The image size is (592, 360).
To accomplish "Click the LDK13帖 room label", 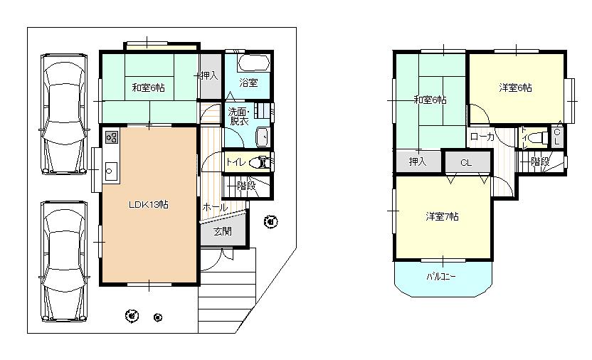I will [148, 204].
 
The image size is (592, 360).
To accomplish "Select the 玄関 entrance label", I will [221, 231].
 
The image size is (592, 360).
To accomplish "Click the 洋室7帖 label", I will [442, 216].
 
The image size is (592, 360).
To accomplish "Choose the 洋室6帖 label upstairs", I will [515, 88].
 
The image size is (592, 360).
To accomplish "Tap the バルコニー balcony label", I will [441, 275].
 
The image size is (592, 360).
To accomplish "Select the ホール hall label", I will [215, 207].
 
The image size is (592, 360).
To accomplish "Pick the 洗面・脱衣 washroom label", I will [238, 116].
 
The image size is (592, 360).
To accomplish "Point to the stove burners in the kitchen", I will [112, 138].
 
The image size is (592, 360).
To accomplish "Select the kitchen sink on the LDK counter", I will [112, 170].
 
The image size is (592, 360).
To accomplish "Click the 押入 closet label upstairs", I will [417, 162].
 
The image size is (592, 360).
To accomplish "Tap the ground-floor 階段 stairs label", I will [245, 186].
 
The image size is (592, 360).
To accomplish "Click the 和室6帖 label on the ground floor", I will [149, 88].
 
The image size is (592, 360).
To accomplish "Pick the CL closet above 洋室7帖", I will [466, 163].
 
